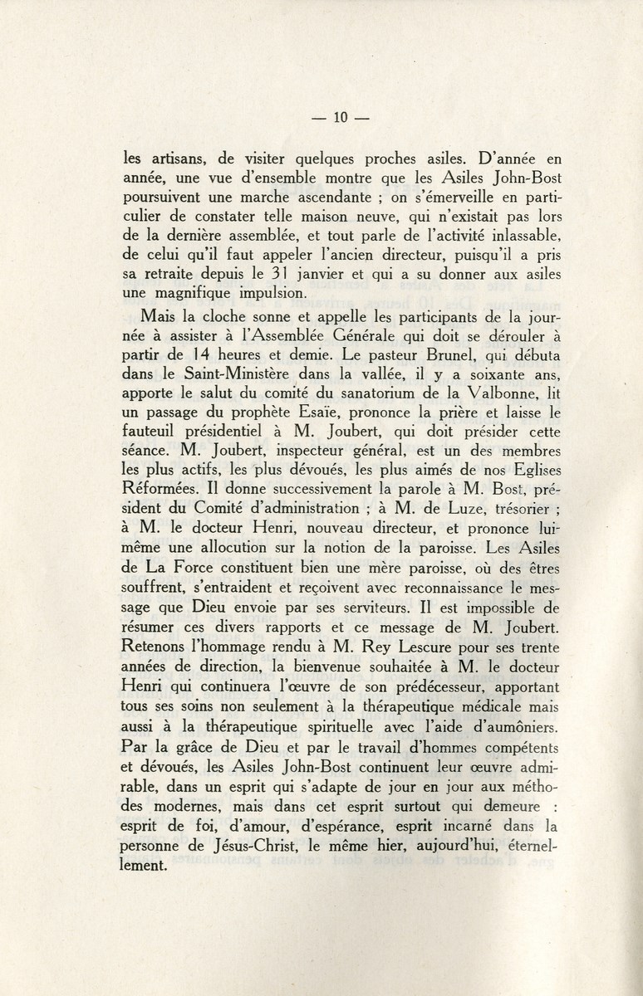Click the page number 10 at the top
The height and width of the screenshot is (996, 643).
coord(339,117)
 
